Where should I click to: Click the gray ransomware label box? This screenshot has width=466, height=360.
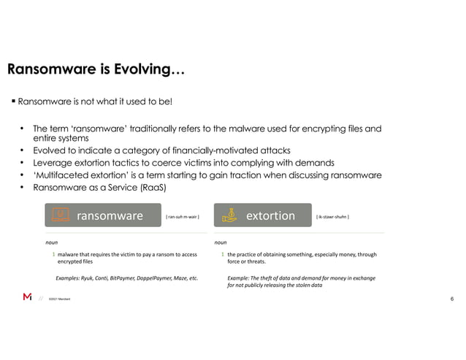(103, 215)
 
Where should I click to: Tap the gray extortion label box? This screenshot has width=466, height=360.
(263, 215)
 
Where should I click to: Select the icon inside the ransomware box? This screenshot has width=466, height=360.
(61, 215)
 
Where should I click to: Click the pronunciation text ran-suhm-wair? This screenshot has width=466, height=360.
(183, 217)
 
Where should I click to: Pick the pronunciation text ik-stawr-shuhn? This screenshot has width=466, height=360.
(332, 217)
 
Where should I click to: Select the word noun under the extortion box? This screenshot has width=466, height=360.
(221, 241)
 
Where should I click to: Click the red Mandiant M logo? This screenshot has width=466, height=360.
(27, 297)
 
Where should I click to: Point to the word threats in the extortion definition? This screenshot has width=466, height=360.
(255, 262)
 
